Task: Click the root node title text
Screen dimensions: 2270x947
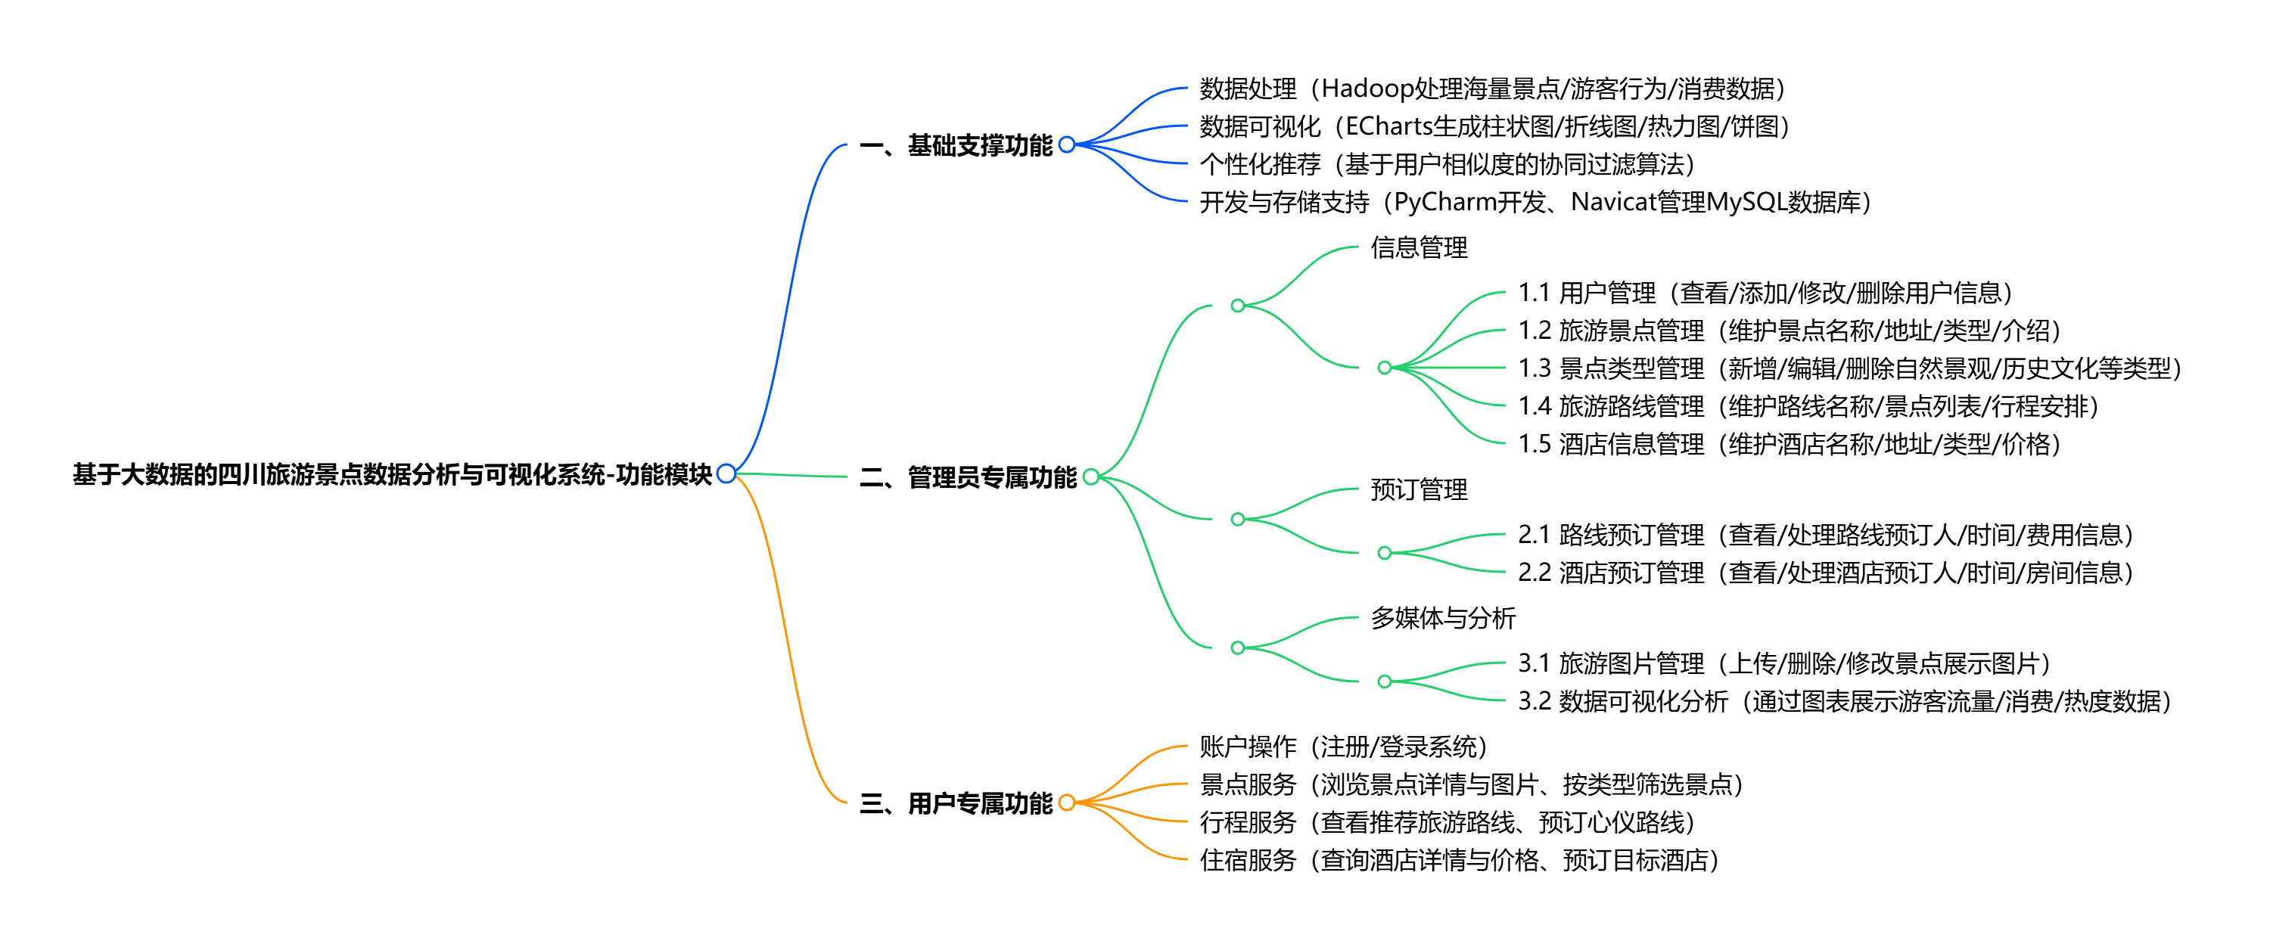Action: pyautogui.click(x=392, y=475)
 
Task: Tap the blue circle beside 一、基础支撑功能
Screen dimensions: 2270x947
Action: pyautogui.click(x=1066, y=144)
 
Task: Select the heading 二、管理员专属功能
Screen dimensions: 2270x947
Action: pyautogui.click(x=968, y=477)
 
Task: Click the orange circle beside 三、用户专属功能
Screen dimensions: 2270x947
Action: pyautogui.click(x=1066, y=803)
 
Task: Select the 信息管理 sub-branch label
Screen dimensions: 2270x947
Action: pyautogui.click(x=1419, y=247)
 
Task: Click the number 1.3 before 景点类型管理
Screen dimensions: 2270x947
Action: pyautogui.click(x=1535, y=368)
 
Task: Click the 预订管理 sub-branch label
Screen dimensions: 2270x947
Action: pyautogui.click(x=1419, y=490)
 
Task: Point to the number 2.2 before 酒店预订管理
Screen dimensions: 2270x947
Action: pyautogui.click(x=1535, y=573)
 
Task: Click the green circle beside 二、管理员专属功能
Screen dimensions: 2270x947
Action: pyautogui.click(x=1091, y=477)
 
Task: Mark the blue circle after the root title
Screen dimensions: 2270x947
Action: pyautogui.click(x=726, y=474)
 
